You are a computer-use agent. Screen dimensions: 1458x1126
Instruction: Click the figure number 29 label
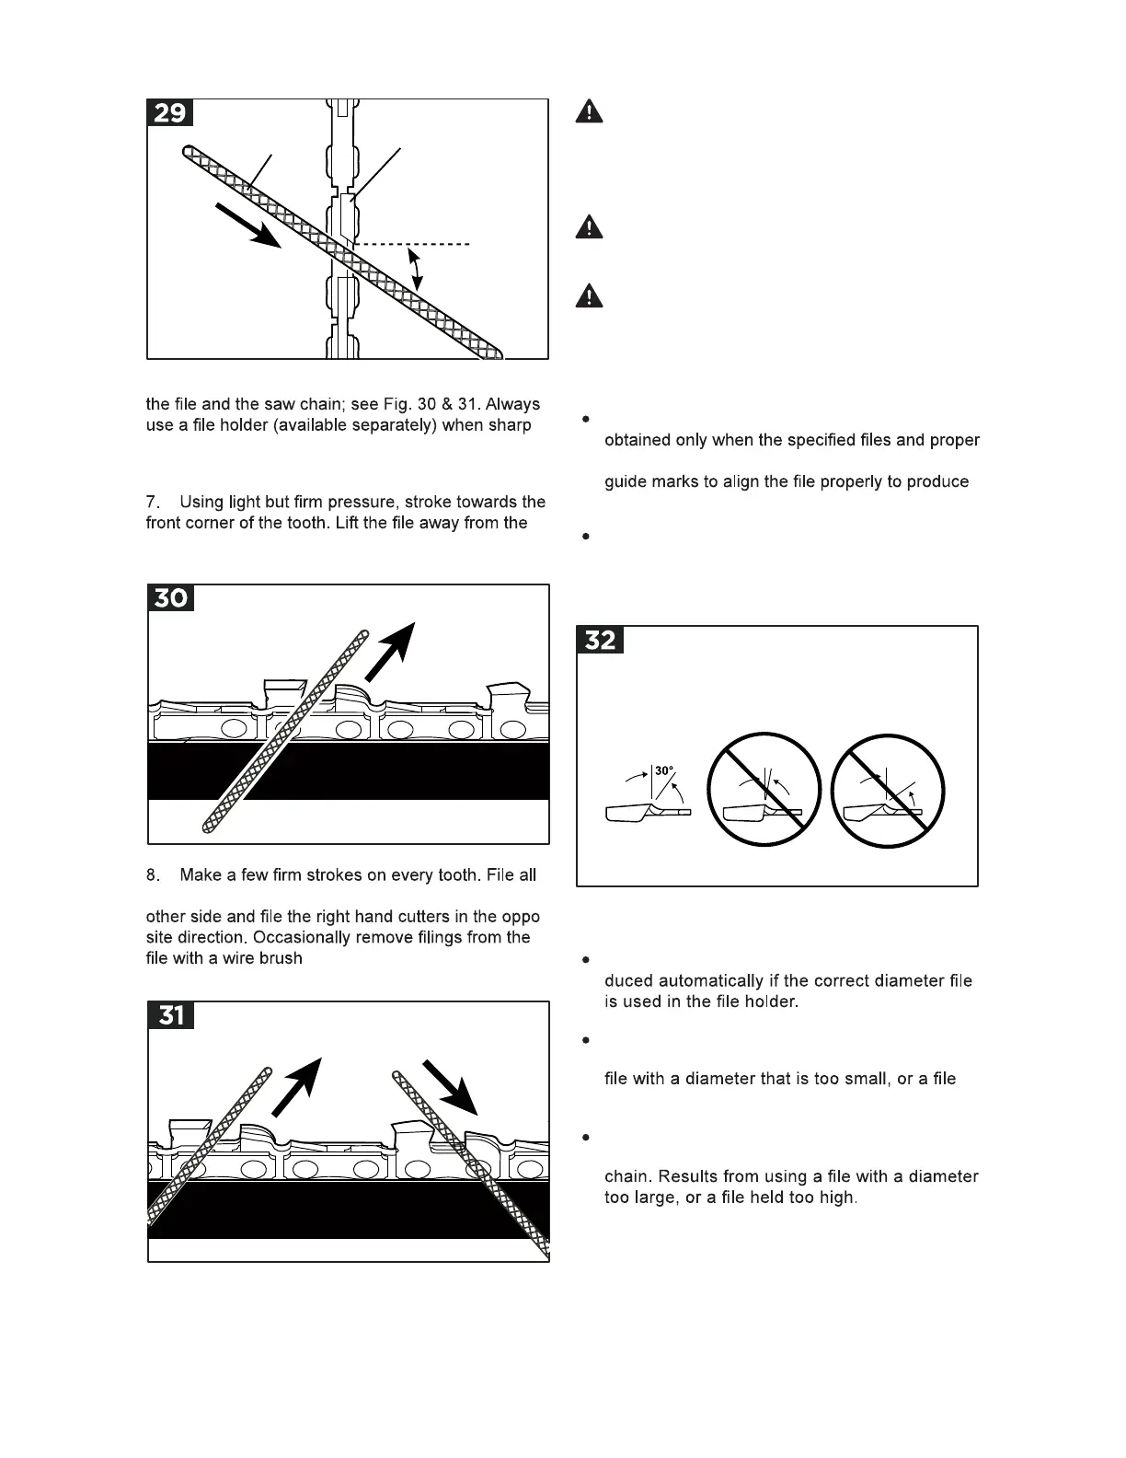[x=170, y=113]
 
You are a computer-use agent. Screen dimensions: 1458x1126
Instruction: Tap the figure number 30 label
[x=170, y=598]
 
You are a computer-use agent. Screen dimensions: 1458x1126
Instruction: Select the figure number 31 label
[x=171, y=1015]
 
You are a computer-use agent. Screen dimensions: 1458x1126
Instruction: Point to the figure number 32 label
[x=600, y=640]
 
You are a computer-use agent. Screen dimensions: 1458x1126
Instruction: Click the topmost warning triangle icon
[x=590, y=111]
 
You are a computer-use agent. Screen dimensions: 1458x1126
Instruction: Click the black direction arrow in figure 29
[x=247, y=225]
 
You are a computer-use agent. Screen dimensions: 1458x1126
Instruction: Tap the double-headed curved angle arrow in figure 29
[x=417, y=268]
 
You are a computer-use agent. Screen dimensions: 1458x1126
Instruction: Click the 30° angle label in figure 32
[x=664, y=771]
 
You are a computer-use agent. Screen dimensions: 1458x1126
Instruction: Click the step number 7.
[x=153, y=503]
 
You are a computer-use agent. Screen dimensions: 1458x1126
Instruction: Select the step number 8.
[x=153, y=875]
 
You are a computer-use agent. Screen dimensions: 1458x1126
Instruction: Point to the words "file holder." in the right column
[x=757, y=1001]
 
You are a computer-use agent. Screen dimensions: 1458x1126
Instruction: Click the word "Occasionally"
[x=303, y=938]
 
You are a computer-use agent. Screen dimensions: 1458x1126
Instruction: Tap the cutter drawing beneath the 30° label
[x=646, y=813]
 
